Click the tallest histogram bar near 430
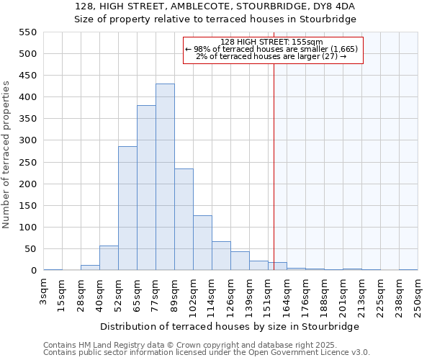point(165,177)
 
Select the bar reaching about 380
point(146,188)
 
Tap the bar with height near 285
point(127,209)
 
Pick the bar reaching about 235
point(184,220)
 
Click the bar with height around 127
point(202,243)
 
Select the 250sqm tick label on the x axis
point(418,293)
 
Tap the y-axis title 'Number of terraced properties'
point(7,155)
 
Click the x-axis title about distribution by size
point(230,326)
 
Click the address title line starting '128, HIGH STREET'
point(215,6)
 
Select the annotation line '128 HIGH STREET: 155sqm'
point(272,42)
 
